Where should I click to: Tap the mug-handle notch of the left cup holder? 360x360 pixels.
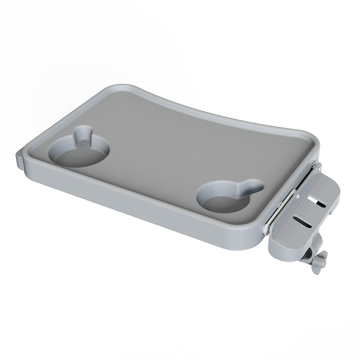point(83,134)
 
